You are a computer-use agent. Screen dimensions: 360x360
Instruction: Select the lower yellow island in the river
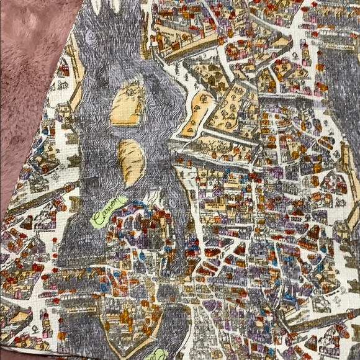click(x=129, y=163)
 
